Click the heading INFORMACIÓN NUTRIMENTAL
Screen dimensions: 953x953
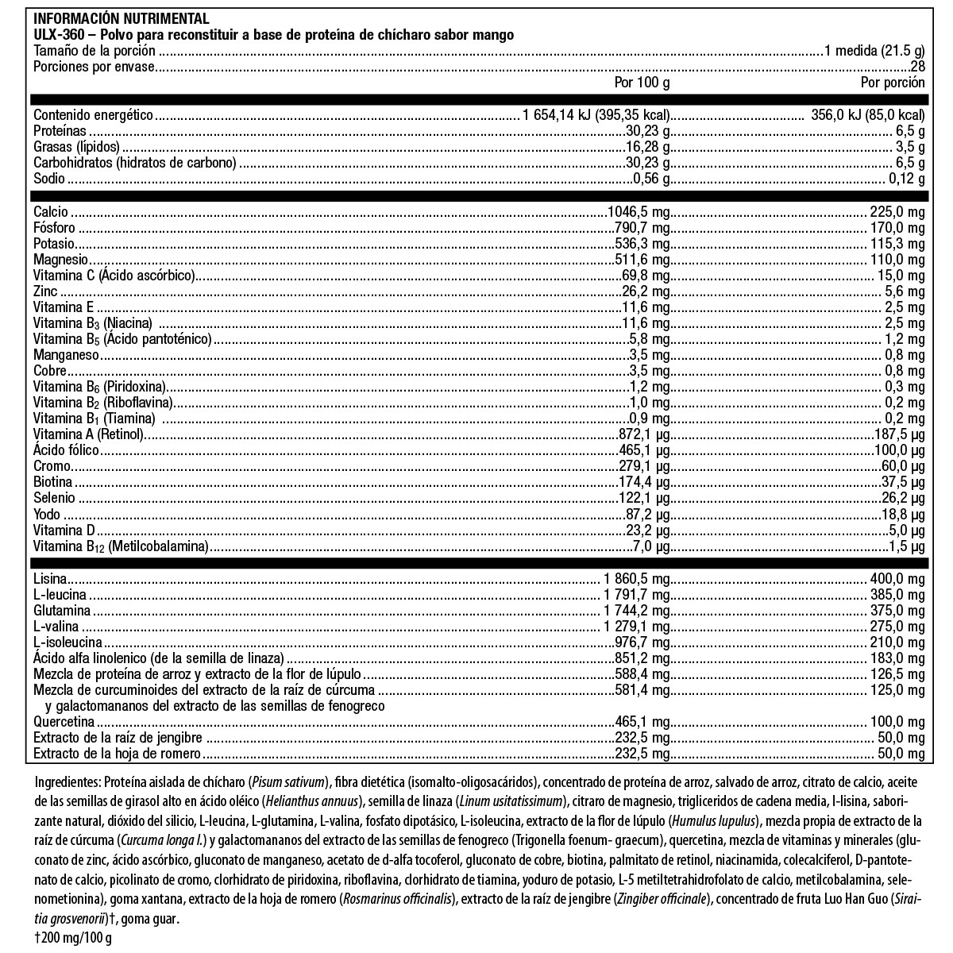[122, 18]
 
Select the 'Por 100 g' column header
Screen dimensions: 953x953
[642, 82]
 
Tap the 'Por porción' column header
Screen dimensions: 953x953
[893, 82]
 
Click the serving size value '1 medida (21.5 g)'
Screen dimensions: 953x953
[874, 51]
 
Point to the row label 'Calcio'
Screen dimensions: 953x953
[51, 212]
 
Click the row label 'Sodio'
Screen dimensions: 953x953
[49, 179]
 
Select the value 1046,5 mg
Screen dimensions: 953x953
[639, 212]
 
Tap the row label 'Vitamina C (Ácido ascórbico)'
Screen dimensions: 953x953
[114, 276]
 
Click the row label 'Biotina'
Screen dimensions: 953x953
[53, 482]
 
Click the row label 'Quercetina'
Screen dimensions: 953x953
[64, 722]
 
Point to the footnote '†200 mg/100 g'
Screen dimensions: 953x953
[72, 939]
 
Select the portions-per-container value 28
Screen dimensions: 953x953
[917, 67]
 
